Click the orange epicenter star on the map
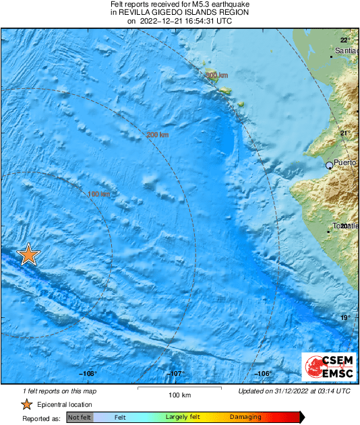28,255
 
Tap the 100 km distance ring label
98,195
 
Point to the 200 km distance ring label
157,135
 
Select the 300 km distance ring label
216,75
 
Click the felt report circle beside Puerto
330,164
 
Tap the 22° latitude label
344,40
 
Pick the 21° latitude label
344,133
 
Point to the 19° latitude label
344,318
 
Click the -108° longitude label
88,374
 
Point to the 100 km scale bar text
179,395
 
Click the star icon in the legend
26,404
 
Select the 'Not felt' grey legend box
79,418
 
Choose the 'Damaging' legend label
245,418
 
